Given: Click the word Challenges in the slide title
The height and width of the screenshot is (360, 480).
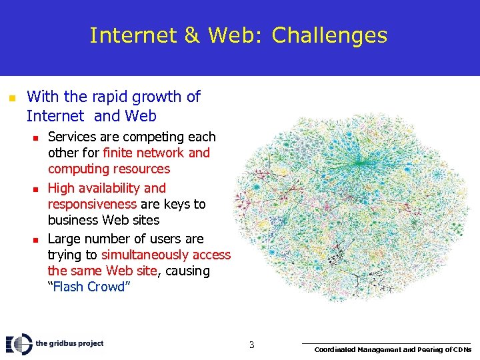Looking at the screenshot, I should [329, 35].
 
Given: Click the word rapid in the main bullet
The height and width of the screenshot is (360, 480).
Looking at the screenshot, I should [108, 97].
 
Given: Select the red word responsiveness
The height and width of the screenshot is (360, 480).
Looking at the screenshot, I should [92, 204].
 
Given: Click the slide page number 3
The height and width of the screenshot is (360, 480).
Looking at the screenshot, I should [251, 345].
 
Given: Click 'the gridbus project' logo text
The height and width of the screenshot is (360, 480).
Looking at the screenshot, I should [70, 343].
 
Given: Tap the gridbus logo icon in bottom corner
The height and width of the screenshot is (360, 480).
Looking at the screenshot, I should [19, 344].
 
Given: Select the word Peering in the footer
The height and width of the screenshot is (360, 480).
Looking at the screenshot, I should [420, 349].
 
